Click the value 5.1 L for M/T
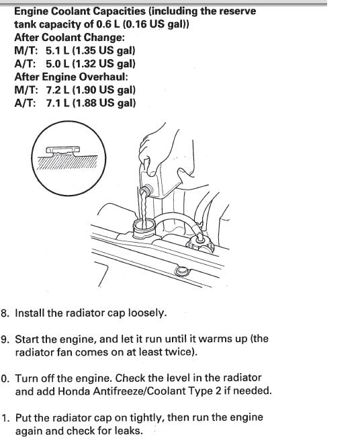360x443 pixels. [57, 50]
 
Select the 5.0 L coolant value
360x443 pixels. [57, 64]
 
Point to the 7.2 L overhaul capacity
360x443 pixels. [58, 90]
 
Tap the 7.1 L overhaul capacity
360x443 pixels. [58, 103]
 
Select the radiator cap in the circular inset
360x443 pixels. [62, 151]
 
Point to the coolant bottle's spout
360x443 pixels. [146, 190]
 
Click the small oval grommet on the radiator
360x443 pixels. [181, 271]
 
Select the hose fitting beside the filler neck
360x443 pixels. [200, 243]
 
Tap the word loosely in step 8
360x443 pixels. [147, 313]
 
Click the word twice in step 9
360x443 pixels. [181, 352]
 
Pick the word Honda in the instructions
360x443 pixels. [74, 391]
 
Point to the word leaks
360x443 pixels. [129, 431]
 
